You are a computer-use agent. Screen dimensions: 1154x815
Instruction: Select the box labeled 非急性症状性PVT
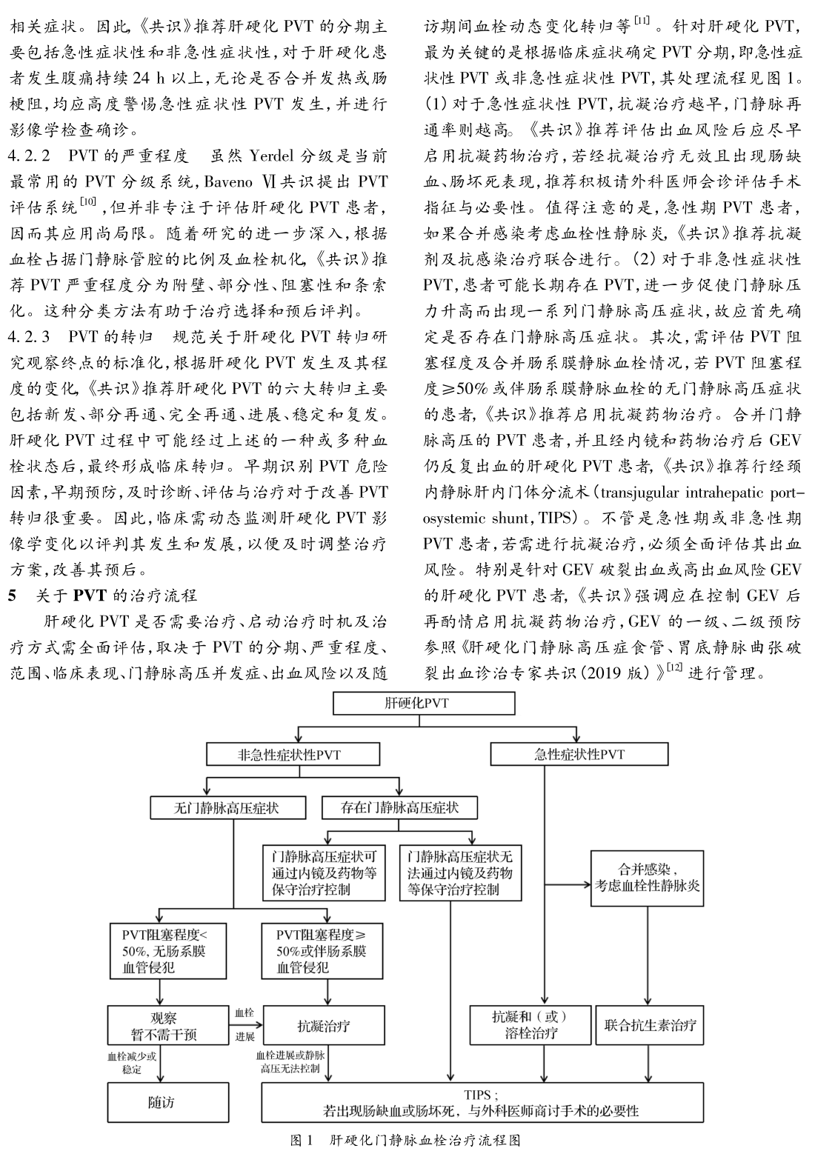(x=293, y=755)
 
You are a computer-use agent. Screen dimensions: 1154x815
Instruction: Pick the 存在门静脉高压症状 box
(x=399, y=807)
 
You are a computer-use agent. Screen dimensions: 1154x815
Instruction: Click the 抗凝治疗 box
(x=324, y=1026)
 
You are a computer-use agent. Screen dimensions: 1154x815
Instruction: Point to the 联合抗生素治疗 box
(x=650, y=1026)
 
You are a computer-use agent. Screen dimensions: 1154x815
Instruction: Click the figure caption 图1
(x=302, y=1140)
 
